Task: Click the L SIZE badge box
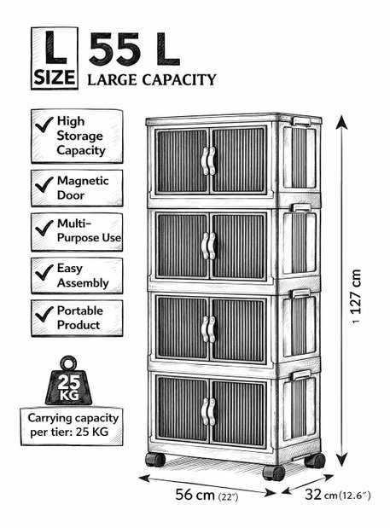55,58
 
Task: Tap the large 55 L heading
134,49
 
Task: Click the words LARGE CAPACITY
152,80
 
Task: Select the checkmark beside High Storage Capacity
44,125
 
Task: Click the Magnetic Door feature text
83,188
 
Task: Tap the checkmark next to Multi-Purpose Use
44,228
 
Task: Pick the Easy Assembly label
83,276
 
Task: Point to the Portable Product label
80,317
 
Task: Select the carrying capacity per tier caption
73,425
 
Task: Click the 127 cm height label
356,292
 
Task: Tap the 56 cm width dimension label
207,495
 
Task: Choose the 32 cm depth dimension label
338,495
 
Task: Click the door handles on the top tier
208,160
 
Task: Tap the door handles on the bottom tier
208,411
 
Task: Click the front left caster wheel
155,460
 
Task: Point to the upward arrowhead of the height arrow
342,122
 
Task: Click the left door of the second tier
183,246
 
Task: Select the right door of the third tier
239,329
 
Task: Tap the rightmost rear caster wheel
315,461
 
